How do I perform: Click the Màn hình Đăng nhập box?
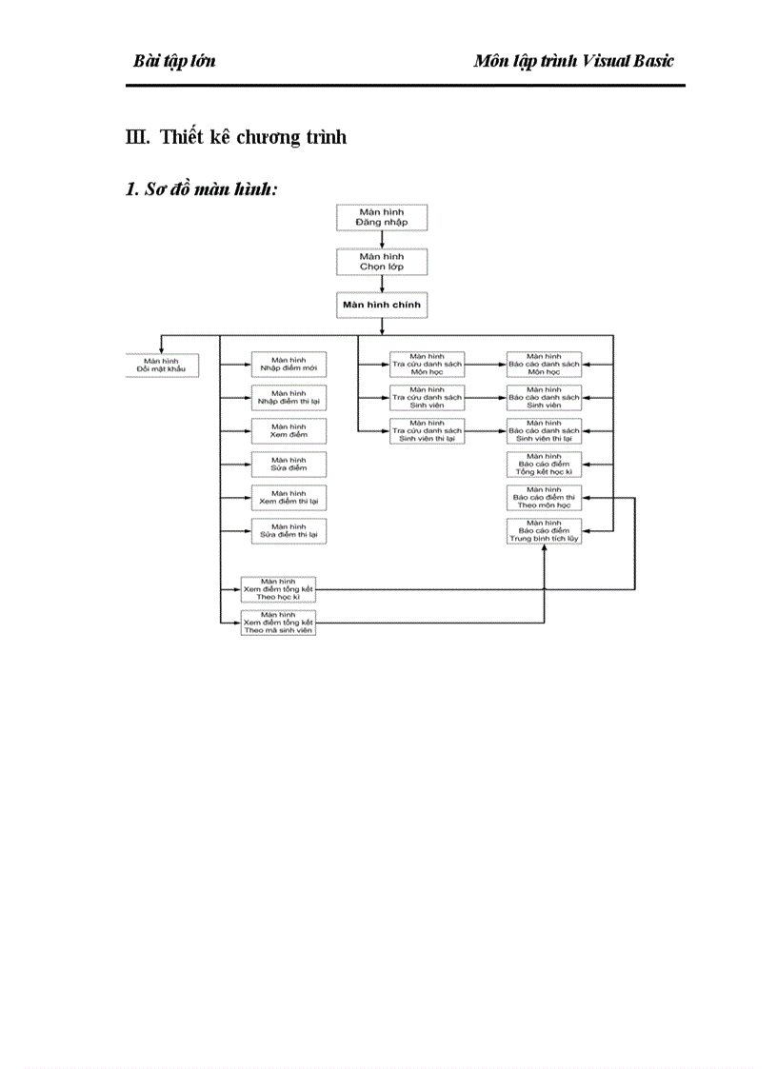pos(382,217)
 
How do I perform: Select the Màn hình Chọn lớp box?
pos(382,262)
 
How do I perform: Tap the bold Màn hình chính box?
pos(382,305)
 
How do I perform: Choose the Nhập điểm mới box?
pos(289,366)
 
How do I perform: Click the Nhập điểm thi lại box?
pos(289,397)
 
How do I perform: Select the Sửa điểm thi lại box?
pos(289,531)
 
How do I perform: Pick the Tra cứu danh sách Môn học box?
pos(427,366)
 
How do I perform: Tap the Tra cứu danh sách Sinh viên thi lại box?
pos(427,431)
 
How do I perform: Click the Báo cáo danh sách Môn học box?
pos(543,366)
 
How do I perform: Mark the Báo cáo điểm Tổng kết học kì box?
pos(543,465)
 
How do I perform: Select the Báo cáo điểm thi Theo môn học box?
pos(543,498)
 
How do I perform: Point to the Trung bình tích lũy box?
pos(543,531)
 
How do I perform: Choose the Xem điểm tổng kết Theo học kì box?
pos(277,589)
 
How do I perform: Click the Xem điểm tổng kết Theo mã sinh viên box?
pos(277,624)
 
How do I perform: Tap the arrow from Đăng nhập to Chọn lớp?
pos(382,240)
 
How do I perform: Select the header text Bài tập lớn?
pos(174,61)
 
